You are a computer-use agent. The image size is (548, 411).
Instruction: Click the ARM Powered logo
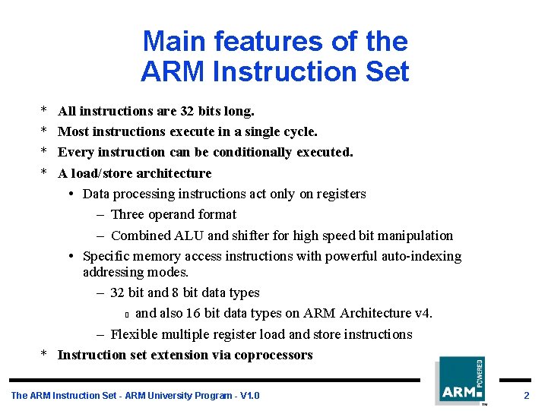(461, 381)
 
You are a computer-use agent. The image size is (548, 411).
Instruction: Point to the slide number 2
(526, 396)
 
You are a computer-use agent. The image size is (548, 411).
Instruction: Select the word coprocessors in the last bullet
(274, 355)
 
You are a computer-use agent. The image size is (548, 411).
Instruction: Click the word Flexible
(134, 334)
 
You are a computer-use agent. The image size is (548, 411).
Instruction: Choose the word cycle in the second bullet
(296, 131)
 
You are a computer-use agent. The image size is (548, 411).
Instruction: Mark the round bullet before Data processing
(70, 194)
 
